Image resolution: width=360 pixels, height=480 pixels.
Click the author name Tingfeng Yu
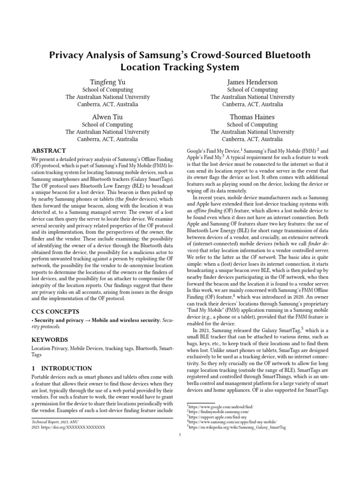pos(107,82)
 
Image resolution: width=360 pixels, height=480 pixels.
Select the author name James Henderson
pos(252,82)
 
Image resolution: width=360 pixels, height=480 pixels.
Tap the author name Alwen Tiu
pos(107,117)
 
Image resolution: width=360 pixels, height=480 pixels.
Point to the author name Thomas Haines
pos(252,117)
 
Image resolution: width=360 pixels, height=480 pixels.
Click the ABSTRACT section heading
pos(49,151)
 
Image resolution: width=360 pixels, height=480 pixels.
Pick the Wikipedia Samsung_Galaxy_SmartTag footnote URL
pos(237,428)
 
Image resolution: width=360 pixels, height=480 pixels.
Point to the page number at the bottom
pos(180,435)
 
